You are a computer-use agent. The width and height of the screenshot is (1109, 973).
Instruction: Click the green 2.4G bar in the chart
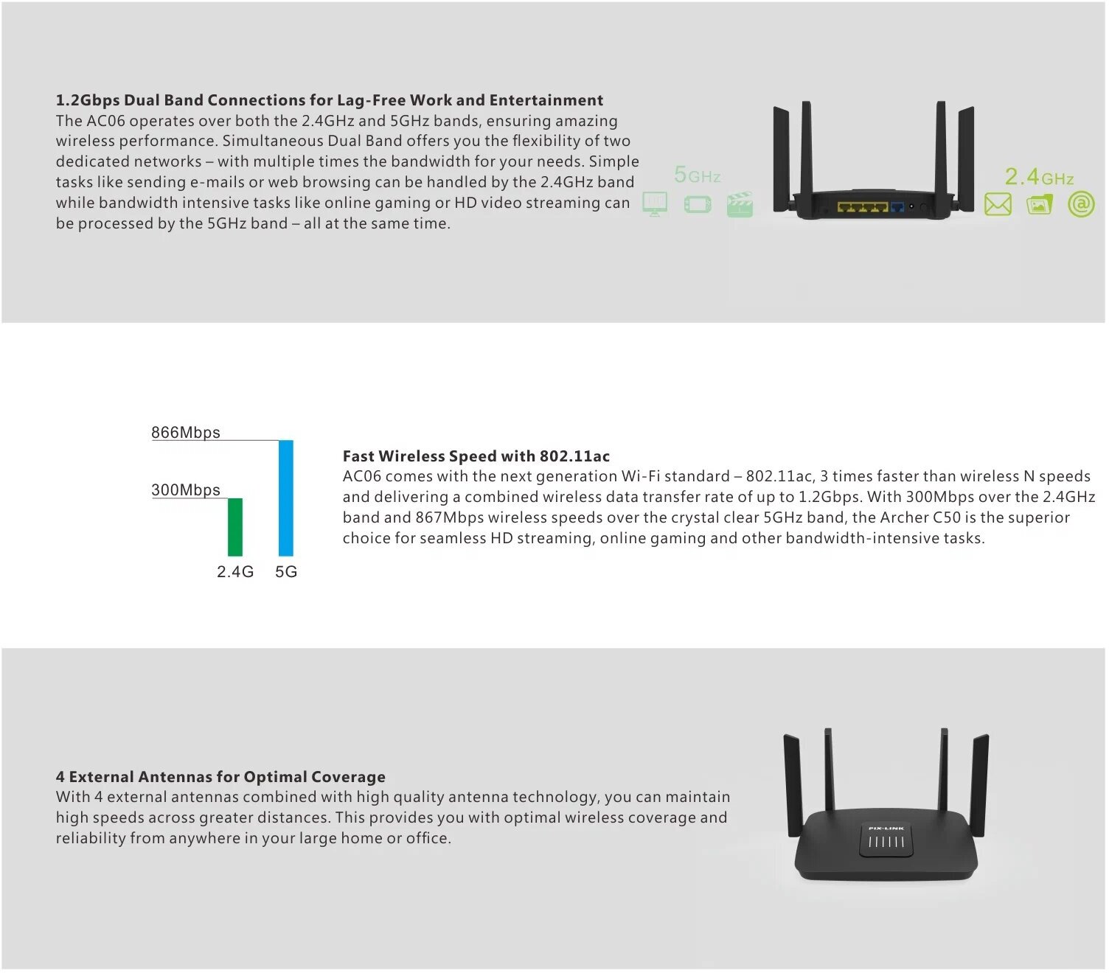click(235, 527)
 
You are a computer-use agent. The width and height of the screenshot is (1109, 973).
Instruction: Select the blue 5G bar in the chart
click(286, 498)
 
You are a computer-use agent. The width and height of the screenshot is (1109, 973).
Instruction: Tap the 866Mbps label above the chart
click(186, 433)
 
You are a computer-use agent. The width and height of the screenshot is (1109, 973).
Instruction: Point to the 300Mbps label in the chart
click(186, 490)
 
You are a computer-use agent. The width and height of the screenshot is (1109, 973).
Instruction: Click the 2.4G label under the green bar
click(235, 572)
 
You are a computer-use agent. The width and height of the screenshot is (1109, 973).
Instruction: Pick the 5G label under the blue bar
click(286, 572)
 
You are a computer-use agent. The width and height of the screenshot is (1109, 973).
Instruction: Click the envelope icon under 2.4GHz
click(998, 204)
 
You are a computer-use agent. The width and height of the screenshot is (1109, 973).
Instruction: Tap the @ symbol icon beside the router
click(1081, 204)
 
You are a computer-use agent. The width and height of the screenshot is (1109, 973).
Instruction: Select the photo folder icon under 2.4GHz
click(1040, 205)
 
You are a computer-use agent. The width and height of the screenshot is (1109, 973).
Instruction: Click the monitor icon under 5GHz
click(655, 204)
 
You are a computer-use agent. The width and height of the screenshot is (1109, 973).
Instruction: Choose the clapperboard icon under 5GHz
click(740, 204)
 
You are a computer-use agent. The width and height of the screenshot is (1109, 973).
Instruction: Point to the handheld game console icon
click(698, 205)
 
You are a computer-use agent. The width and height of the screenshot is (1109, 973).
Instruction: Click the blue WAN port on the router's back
click(897, 208)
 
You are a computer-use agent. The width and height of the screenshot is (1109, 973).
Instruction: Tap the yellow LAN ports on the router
click(863, 208)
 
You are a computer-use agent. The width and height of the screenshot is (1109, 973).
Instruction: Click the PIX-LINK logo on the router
click(886, 829)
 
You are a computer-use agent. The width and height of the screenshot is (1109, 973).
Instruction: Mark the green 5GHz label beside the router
click(697, 175)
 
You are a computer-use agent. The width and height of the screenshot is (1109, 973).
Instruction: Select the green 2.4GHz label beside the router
click(1039, 177)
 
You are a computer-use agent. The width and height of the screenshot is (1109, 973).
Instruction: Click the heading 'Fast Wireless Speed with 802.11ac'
click(476, 456)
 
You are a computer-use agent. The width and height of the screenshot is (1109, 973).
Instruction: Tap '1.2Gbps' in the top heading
click(88, 100)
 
